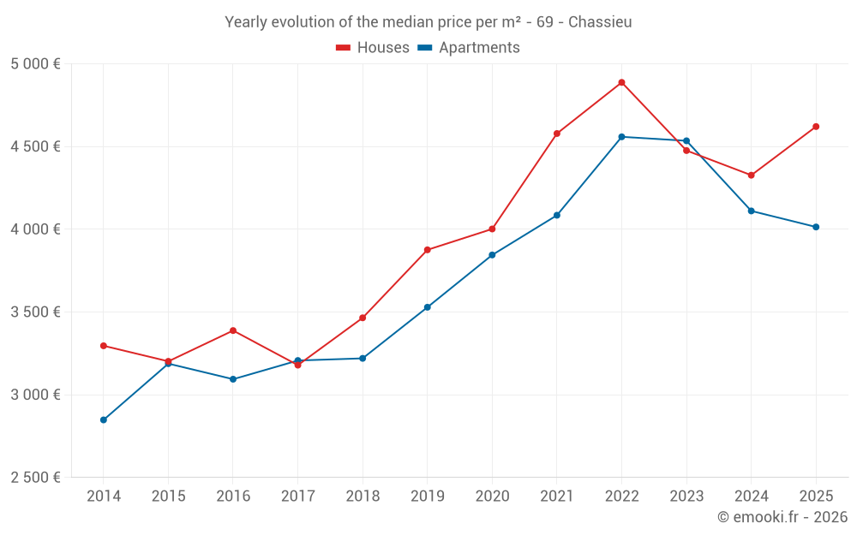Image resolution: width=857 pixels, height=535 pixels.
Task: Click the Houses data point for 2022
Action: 621,83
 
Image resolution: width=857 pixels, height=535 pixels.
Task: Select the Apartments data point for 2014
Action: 104,420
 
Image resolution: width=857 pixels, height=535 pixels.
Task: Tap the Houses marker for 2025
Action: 816,127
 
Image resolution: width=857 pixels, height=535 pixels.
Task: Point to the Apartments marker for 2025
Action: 816,227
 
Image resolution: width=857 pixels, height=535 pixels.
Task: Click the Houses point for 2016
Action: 233,330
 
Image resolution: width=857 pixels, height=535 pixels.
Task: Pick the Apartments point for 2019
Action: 428,307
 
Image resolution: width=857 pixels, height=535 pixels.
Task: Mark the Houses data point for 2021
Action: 557,134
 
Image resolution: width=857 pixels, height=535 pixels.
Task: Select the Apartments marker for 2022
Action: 621,137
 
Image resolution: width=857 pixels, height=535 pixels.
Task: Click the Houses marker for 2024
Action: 752,175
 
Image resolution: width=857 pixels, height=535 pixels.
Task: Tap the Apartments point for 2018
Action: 363,359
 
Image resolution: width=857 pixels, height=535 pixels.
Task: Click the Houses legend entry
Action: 374,48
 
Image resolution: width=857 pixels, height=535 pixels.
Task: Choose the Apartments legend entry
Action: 470,48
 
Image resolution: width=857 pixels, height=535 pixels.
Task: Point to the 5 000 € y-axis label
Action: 35,64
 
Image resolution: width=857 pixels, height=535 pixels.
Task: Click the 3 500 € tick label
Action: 35,312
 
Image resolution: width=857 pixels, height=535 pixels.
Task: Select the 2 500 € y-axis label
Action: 35,478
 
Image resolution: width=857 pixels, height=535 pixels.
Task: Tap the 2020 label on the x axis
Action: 492,496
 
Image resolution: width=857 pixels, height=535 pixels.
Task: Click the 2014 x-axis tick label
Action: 104,496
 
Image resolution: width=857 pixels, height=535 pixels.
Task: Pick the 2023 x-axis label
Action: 686,496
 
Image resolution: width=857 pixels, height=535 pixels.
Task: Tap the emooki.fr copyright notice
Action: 782,517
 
